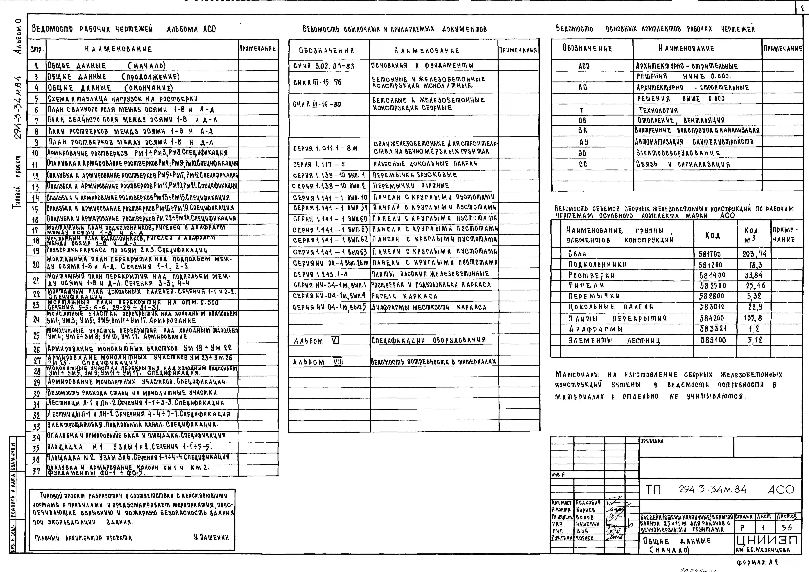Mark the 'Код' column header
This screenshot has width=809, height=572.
pos(712,235)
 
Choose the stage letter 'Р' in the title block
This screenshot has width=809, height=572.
pos(742,528)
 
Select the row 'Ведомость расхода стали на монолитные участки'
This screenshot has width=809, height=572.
pos(132,393)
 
